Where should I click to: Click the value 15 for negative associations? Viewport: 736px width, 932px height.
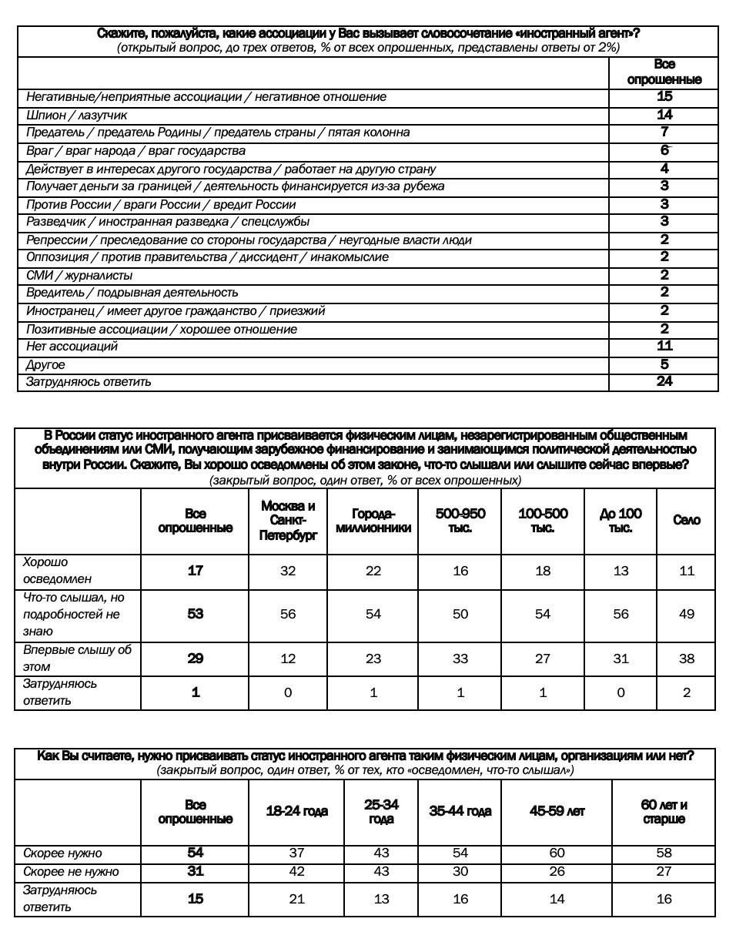click(664, 96)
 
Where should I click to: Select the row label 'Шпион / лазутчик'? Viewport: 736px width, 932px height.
click(76, 115)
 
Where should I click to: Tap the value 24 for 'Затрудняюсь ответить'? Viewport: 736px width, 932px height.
click(664, 381)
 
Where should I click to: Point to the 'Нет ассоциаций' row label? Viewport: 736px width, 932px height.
click(72, 347)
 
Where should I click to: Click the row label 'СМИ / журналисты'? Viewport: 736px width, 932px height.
click(79, 275)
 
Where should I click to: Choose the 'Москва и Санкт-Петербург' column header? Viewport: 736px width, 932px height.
click(288, 521)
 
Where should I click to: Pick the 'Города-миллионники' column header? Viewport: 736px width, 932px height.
click(373, 521)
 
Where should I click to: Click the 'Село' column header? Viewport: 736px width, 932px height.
click(686, 521)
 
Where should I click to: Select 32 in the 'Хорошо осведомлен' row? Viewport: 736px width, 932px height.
click(288, 571)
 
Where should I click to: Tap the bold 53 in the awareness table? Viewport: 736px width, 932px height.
click(196, 614)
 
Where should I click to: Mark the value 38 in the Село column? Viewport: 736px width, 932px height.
click(686, 659)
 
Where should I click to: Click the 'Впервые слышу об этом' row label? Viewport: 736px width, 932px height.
click(77, 659)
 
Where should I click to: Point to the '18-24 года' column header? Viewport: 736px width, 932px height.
click(296, 811)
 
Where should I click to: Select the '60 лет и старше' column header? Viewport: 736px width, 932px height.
click(664, 812)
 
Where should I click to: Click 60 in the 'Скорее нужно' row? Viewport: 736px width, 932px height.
click(557, 853)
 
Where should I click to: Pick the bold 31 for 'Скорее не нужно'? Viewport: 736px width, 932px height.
click(196, 871)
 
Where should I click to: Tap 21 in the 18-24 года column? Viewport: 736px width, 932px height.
click(296, 899)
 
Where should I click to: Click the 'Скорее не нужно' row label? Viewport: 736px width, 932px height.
click(71, 872)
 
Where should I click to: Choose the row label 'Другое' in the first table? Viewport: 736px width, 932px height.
click(45, 365)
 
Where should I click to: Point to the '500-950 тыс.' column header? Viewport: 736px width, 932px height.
click(460, 521)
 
